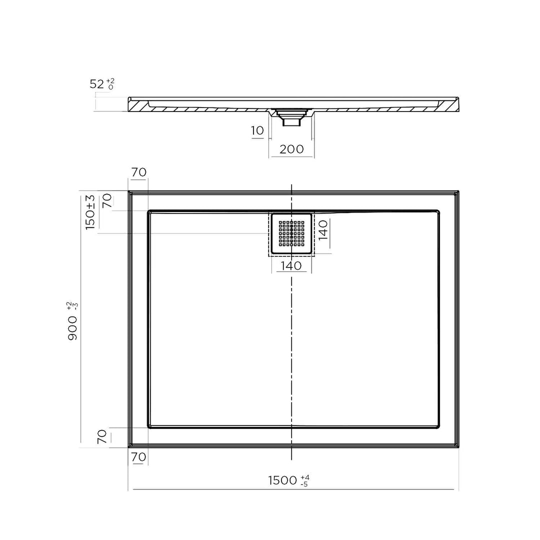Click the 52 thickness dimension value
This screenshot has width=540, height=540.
point(96,84)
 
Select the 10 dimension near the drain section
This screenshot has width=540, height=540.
point(257,131)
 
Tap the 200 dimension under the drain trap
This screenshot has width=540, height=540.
point(291,149)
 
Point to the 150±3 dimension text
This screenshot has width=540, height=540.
point(90,212)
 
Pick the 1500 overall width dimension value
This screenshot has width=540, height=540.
point(283,480)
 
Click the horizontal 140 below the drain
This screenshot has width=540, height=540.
point(291,265)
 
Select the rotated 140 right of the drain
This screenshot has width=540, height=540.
point(323,230)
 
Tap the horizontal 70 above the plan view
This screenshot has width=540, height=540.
point(138,172)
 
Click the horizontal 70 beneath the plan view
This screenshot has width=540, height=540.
point(138,456)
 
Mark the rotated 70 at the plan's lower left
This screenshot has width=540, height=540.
point(102,436)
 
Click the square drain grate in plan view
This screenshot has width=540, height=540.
point(291,233)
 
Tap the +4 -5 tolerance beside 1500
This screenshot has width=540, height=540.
point(304,481)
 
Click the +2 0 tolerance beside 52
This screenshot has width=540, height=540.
point(110,83)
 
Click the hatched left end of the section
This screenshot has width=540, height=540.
point(138,105)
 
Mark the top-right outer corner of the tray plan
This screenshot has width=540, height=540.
point(458,191)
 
